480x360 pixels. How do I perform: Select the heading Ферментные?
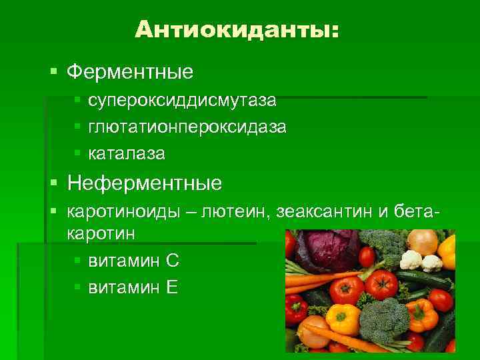131,70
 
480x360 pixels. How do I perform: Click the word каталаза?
127,153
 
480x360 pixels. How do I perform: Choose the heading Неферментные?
145,182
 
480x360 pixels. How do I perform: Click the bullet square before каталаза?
78,154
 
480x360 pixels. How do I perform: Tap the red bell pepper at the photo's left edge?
295,308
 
